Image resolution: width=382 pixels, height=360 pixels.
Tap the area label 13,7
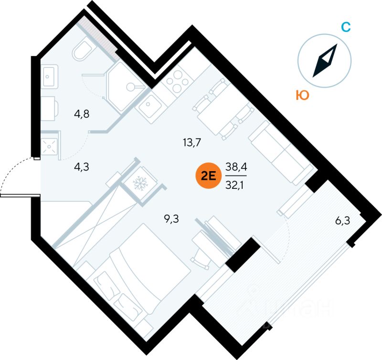point(191,142)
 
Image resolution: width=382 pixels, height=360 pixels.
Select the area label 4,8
point(82,114)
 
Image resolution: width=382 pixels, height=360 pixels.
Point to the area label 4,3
point(82,167)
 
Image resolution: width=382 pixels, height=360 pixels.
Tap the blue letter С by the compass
point(345,27)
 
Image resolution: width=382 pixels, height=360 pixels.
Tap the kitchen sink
point(151,104)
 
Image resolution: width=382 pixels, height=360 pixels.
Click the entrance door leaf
point(19,195)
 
